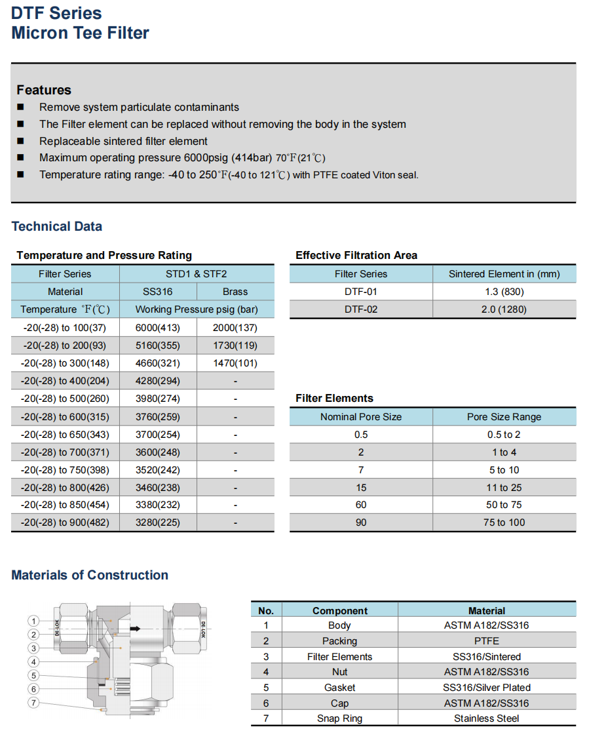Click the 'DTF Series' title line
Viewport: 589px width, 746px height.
point(56,12)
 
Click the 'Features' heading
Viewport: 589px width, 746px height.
point(44,90)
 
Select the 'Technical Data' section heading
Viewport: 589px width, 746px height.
point(57,226)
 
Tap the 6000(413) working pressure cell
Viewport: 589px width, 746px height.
point(157,328)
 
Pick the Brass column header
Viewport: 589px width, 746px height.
point(235,292)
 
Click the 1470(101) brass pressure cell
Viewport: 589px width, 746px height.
point(235,363)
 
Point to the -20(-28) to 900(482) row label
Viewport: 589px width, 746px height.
point(65,522)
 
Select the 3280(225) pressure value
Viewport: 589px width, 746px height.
point(157,522)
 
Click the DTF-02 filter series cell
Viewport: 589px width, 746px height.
point(361,309)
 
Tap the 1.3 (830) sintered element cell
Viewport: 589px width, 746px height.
point(504,292)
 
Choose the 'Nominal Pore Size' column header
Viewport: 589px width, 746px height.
point(361,417)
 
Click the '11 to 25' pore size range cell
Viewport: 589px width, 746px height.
point(504,487)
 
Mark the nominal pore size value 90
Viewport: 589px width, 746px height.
point(361,522)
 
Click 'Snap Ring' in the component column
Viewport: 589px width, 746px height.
point(339,718)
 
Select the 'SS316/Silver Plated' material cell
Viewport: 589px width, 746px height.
point(487,688)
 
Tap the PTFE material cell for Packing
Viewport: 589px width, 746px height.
point(487,641)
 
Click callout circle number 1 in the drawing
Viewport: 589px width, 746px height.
point(33,621)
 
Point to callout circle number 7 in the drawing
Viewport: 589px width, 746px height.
point(33,703)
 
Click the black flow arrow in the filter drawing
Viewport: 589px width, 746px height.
point(135,629)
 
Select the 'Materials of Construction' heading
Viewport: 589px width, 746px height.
point(90,575)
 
